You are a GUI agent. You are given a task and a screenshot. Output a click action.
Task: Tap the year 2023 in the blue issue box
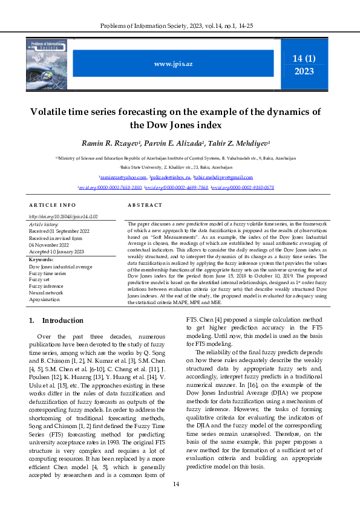[304, 71]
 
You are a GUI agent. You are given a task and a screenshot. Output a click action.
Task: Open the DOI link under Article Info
[55, 216]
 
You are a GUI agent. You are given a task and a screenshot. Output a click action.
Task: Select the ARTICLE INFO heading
[53, 205]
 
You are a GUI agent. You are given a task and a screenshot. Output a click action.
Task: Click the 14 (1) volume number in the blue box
[304, 59]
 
